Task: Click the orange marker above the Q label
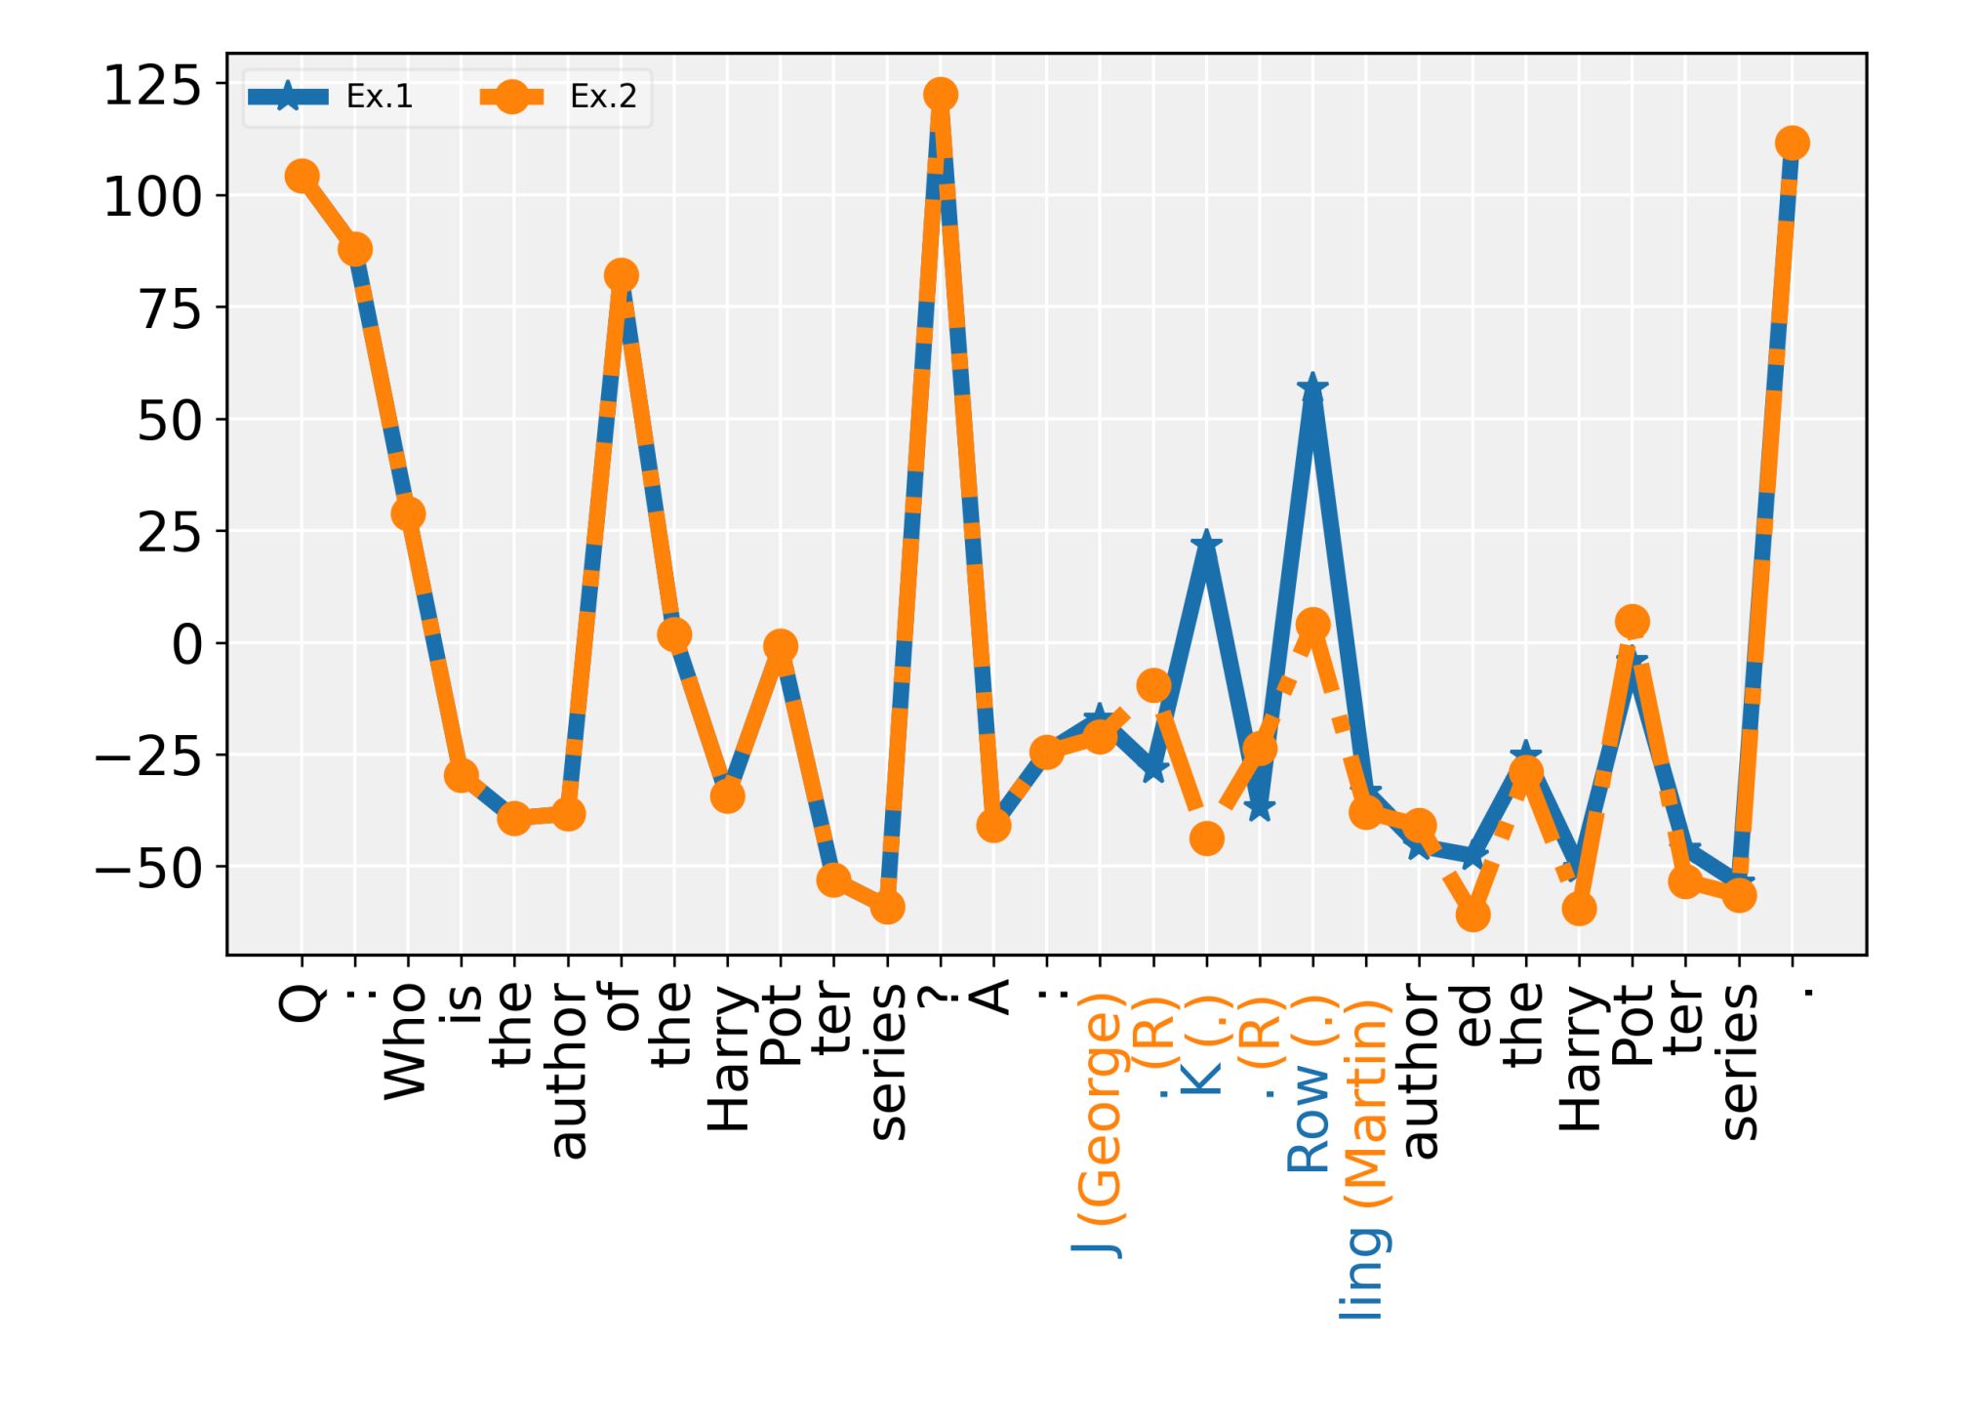coord(302,176)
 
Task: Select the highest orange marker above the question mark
coord(940,95)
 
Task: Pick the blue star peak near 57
coord(1312,388)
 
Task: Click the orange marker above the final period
coord(1792,143)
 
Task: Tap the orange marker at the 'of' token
coord(621,275)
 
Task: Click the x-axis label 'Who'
coord(406,1040)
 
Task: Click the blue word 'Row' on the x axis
coord(1310,1117)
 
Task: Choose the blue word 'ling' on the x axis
coord(1362,1273)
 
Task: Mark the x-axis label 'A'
coord(993,998)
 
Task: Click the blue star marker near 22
coord(1206,543)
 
